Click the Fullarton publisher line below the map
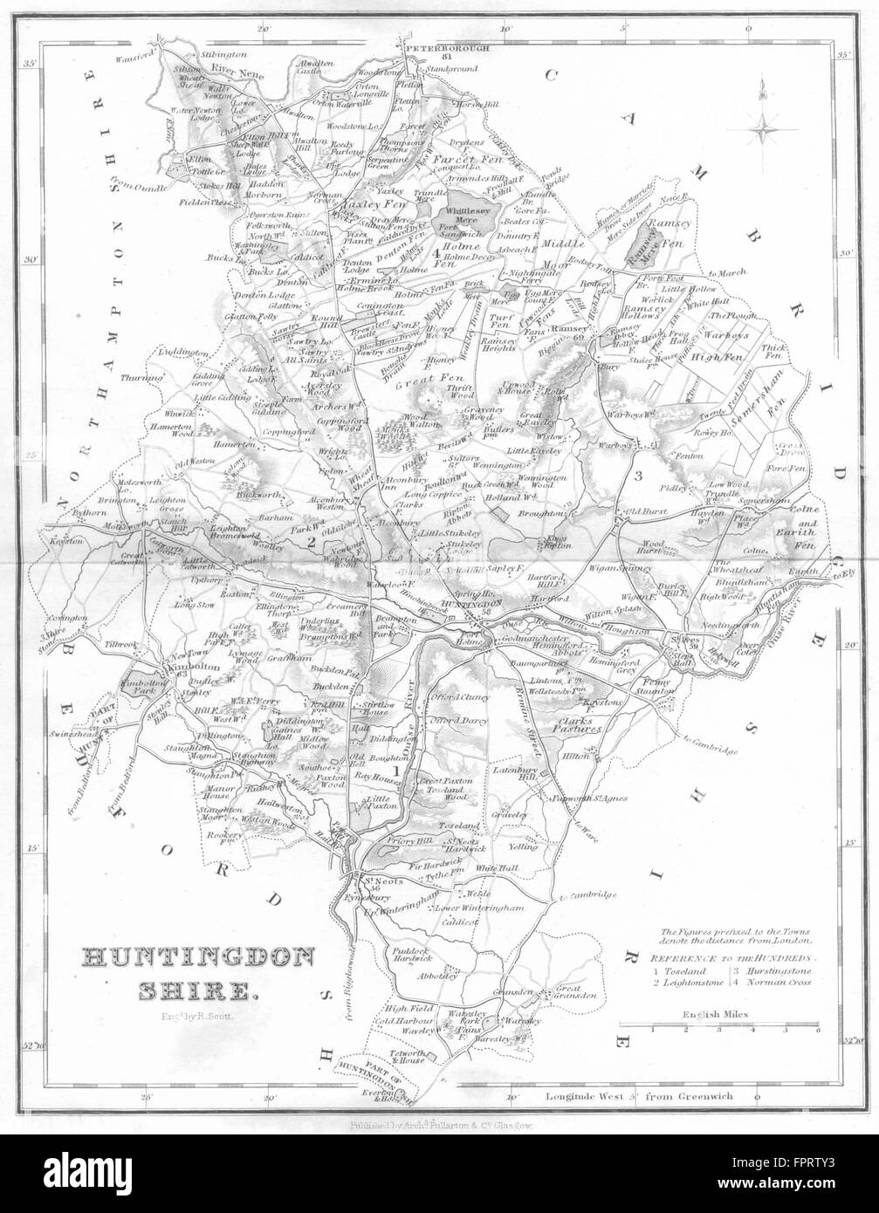coord(432,1126)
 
